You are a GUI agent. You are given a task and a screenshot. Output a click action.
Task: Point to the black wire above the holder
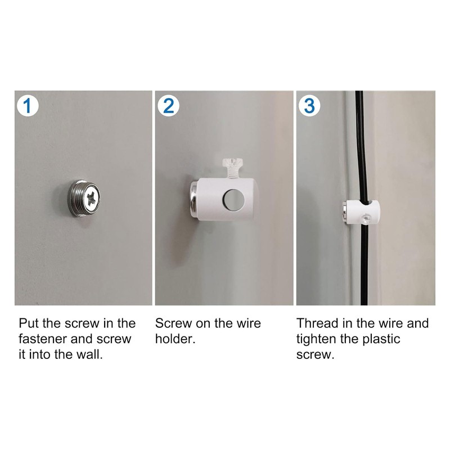[x=361, y=146]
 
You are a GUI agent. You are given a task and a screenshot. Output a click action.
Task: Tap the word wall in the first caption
[x=91, y=355]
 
